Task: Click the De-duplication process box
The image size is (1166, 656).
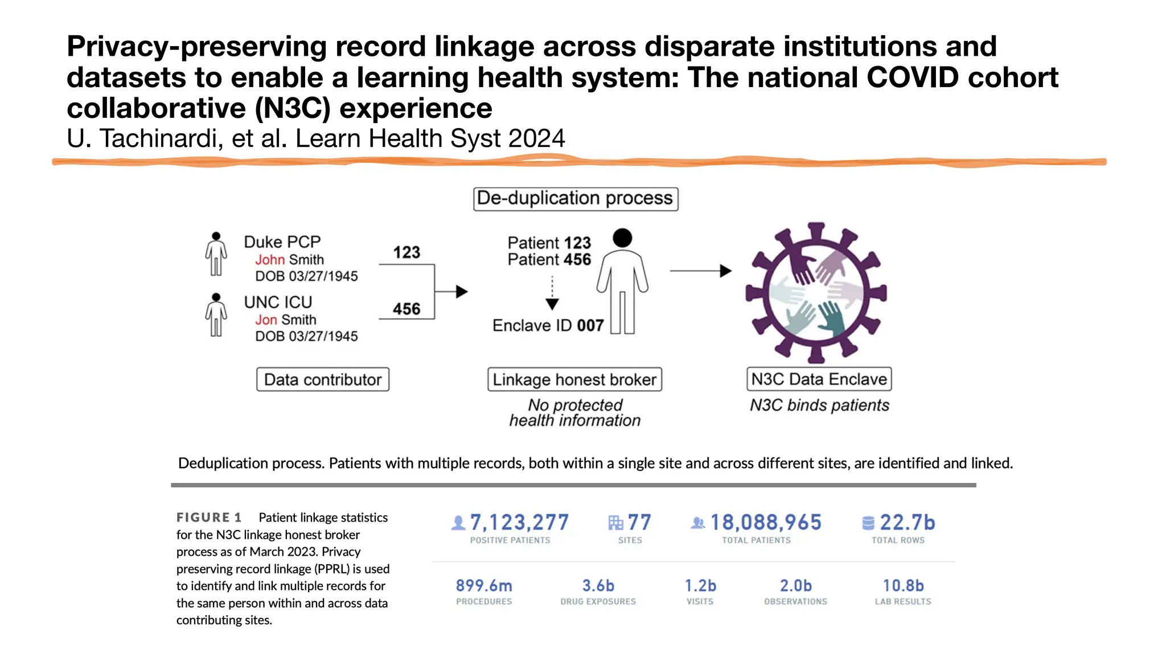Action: point(576,199)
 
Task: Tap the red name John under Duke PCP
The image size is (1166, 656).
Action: point(270,260)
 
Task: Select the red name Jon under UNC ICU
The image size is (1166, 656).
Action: point(266,320)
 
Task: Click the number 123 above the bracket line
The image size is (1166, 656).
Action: point(407,252)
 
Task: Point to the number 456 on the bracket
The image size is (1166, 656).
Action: point(407,309)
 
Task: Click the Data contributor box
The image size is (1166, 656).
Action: point(323,380)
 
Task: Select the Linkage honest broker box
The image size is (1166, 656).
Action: point(574,380)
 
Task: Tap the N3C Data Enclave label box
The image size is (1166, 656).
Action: point(819,379)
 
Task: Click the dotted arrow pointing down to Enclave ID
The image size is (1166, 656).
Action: point(552,294)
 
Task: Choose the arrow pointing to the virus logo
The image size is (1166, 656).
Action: point(700,271)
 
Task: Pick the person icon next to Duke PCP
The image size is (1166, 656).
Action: point(216,254)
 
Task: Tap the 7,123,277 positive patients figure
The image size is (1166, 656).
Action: point(519,523)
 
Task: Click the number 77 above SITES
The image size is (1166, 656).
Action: point(639,523)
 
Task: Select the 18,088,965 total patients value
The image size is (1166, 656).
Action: point(766,523)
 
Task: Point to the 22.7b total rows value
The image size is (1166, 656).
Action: point(907,523)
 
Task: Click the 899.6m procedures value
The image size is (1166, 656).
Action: point(484,586)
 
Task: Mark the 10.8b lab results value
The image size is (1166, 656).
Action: point(903,586)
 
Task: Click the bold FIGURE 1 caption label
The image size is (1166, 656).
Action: point(209,518)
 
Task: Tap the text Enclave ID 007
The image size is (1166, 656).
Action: point(548,326)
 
